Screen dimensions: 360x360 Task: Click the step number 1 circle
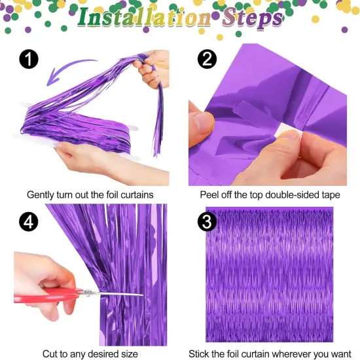(x=29, y=60)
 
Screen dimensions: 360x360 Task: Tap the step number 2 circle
(x=207, y=60)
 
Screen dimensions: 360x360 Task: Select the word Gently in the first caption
(x=41, y=194)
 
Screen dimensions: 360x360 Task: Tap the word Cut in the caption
(x=50, y=353)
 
